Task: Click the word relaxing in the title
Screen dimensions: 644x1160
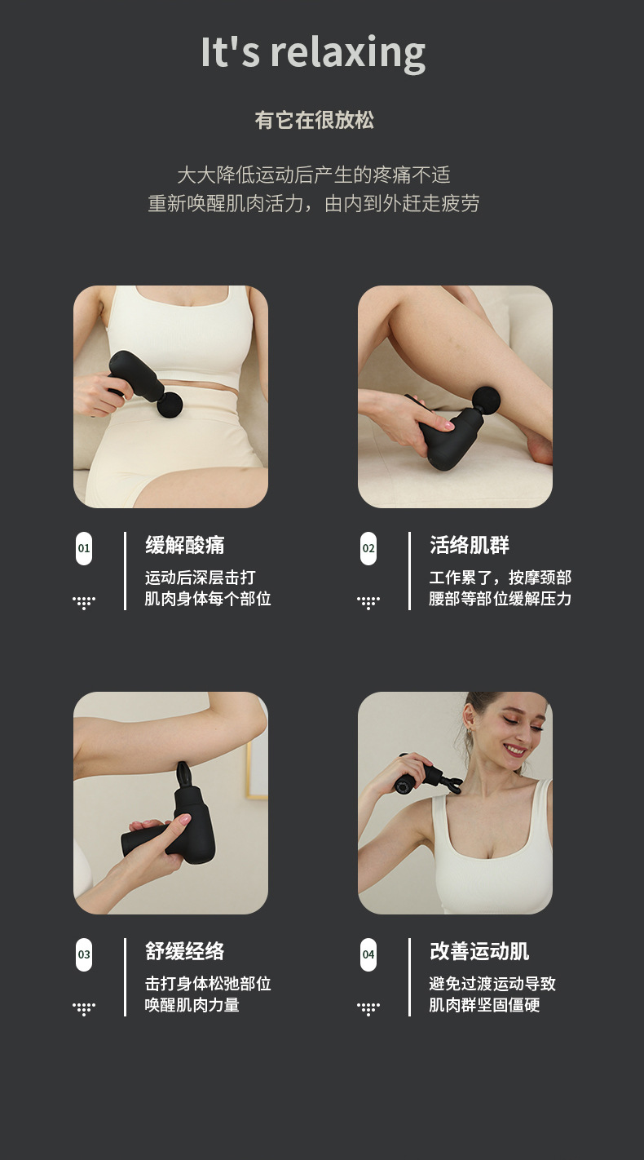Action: point(348,53)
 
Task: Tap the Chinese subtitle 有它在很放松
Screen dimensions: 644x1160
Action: point(314,120)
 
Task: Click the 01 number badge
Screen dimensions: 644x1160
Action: point(84,548)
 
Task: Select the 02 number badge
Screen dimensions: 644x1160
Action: point(368,548)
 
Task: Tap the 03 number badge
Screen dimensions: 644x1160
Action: point(84,954)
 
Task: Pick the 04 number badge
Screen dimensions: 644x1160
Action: point(368,954)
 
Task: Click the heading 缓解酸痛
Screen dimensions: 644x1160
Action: point(185,545)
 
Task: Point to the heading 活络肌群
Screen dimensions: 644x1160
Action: point(470,545)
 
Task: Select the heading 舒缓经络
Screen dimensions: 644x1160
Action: point(185,951)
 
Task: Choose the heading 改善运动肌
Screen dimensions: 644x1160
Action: point(479,951)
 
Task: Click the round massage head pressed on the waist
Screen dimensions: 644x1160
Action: point(170,405)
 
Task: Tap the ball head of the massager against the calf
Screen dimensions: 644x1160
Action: point(486,400)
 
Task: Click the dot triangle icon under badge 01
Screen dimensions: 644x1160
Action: point(84,602)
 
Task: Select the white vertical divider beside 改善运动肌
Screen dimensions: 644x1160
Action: point(409,977)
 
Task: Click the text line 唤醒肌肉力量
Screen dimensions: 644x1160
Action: point(192,1005)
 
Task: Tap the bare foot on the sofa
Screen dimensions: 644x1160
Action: point(537,445)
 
